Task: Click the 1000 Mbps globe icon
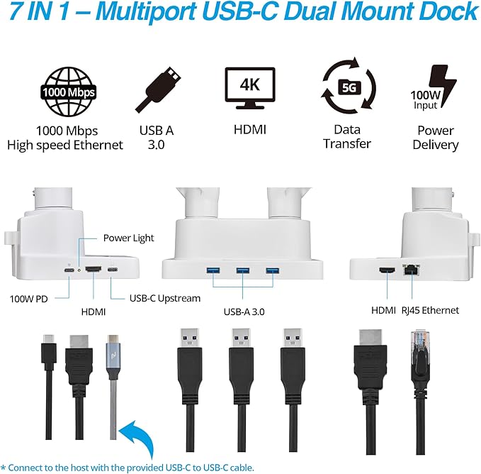(68, 92)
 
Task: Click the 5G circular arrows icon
(347, 89)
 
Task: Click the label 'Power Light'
(128, 238)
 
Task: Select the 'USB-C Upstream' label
(165, 299)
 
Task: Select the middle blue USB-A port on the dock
(242, 270)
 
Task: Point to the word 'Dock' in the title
(444, 12)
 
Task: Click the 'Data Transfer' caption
(347, 137)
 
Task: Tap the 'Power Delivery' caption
(436, 138)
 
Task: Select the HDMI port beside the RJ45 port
(388, 270)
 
